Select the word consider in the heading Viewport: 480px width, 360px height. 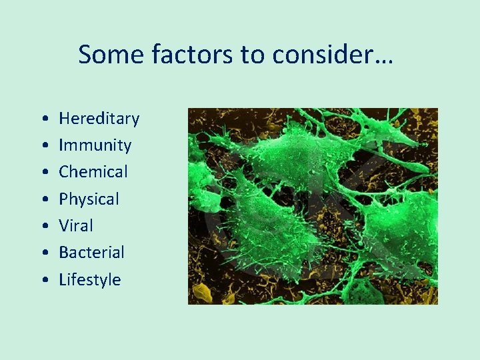click(321, 55)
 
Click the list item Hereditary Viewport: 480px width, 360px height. click(99, 119)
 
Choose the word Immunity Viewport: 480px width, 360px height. click(95, 145)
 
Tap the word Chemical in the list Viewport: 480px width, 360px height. click(93, 172)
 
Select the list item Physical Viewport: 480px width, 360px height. click(89, 199)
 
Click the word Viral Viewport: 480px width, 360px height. click(76, 226)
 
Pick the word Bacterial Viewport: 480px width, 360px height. click(91, 253)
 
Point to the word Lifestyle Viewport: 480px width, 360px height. click(90, 280)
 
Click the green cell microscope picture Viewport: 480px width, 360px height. click(313, 206)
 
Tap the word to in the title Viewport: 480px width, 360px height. click(253, 55)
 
